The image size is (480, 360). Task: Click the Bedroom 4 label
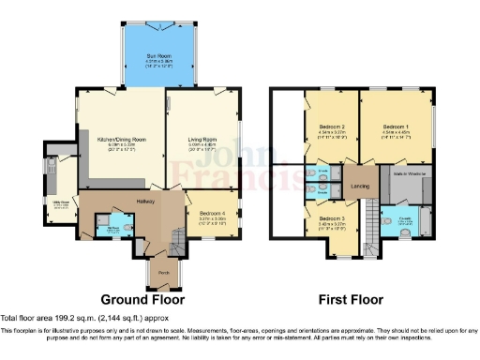(x=212, y=213)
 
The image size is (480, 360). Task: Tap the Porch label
(x=163, y=274)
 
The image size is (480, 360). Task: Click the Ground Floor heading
(x=142, y=300)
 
